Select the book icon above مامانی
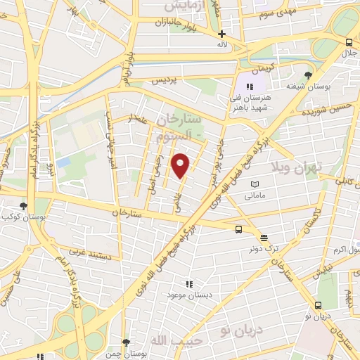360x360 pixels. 255,184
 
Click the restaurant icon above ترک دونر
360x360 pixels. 263,237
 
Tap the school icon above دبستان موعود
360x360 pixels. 188,283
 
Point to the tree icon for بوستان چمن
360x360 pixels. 125,342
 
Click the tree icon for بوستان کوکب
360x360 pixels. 24,206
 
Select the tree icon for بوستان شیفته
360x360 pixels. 308,75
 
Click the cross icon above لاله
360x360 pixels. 222,34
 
